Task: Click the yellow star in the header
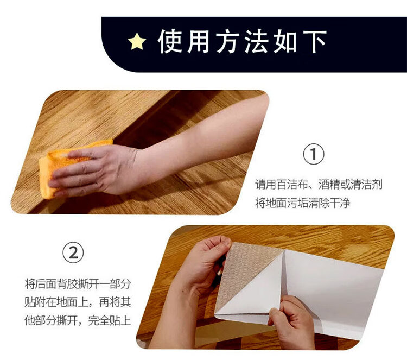point(137,42)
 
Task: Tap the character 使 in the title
point(170,41)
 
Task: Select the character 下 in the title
point(315,42)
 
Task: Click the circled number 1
point(314,154)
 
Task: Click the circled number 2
point(73,252)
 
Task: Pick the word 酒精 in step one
point(329,185)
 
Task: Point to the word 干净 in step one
point(340,203)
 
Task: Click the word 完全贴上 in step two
point(109,320)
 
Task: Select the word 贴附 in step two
point(35,302)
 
